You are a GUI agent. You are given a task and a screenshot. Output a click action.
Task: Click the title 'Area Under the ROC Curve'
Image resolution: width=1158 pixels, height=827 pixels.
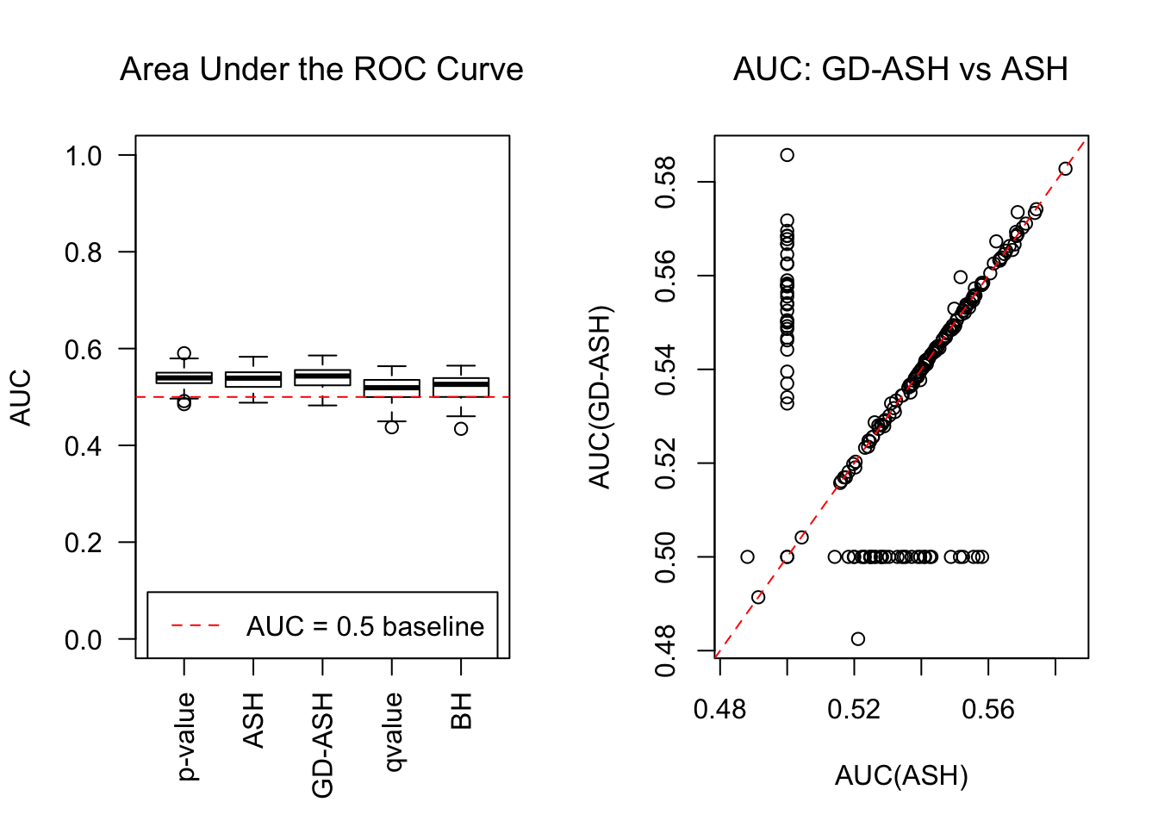pyautogui.click(x=321, y=69)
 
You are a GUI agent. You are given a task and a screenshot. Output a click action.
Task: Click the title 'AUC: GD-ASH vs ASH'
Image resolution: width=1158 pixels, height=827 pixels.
pyautogui.click(x=900, y=69)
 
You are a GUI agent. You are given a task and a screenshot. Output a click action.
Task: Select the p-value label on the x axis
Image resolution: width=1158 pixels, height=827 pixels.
pyautogui.click(x=186, y=737)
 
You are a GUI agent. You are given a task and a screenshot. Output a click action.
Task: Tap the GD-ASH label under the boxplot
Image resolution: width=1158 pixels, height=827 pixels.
pyautogui.click(x=323, y=745)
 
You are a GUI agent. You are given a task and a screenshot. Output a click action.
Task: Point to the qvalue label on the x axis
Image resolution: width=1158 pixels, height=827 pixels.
pyautogui.click(x=393, y=732)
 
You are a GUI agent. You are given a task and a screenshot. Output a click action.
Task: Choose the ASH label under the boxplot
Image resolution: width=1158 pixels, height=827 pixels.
pyautogui.click(x=254, y=720)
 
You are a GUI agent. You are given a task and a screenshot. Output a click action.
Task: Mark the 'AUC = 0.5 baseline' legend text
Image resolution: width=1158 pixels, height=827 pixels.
pyautogui.click(x=365, y=626)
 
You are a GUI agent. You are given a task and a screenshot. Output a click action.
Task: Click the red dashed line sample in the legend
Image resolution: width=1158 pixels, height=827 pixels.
pyautogui.click(x=196, y=626)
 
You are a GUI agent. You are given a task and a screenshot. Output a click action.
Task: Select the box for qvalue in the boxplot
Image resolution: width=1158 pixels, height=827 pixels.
pyautogui.click(x=392, y=388)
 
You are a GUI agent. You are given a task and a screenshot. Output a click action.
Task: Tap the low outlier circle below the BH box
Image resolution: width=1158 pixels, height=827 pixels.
pyautogui.click(x=462, y=428)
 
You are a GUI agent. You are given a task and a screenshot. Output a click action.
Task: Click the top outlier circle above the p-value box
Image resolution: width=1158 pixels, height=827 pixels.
pyautogui.click(x=184, y=353)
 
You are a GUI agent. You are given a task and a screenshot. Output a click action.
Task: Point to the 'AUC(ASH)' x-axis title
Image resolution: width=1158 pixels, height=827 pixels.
pyautogui.click(x=901, y=776)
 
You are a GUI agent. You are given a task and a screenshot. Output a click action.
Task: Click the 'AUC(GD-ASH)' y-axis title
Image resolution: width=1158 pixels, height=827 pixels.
pyautogui.click(x=600, y=397)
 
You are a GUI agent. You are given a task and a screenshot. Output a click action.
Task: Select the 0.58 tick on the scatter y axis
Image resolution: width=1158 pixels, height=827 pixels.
pyautogui.click(x=666, y=183)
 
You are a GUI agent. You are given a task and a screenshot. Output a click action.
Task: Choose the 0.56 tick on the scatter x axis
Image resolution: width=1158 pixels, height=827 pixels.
pyautogui.click(x=988, y=709)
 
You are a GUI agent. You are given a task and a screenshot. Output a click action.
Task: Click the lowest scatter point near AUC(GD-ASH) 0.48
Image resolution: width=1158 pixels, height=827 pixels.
pyautogui.click(x=858, y=639)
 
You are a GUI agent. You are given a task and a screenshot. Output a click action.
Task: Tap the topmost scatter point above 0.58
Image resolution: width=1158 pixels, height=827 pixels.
pyautogui.click(x=788, y=155)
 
